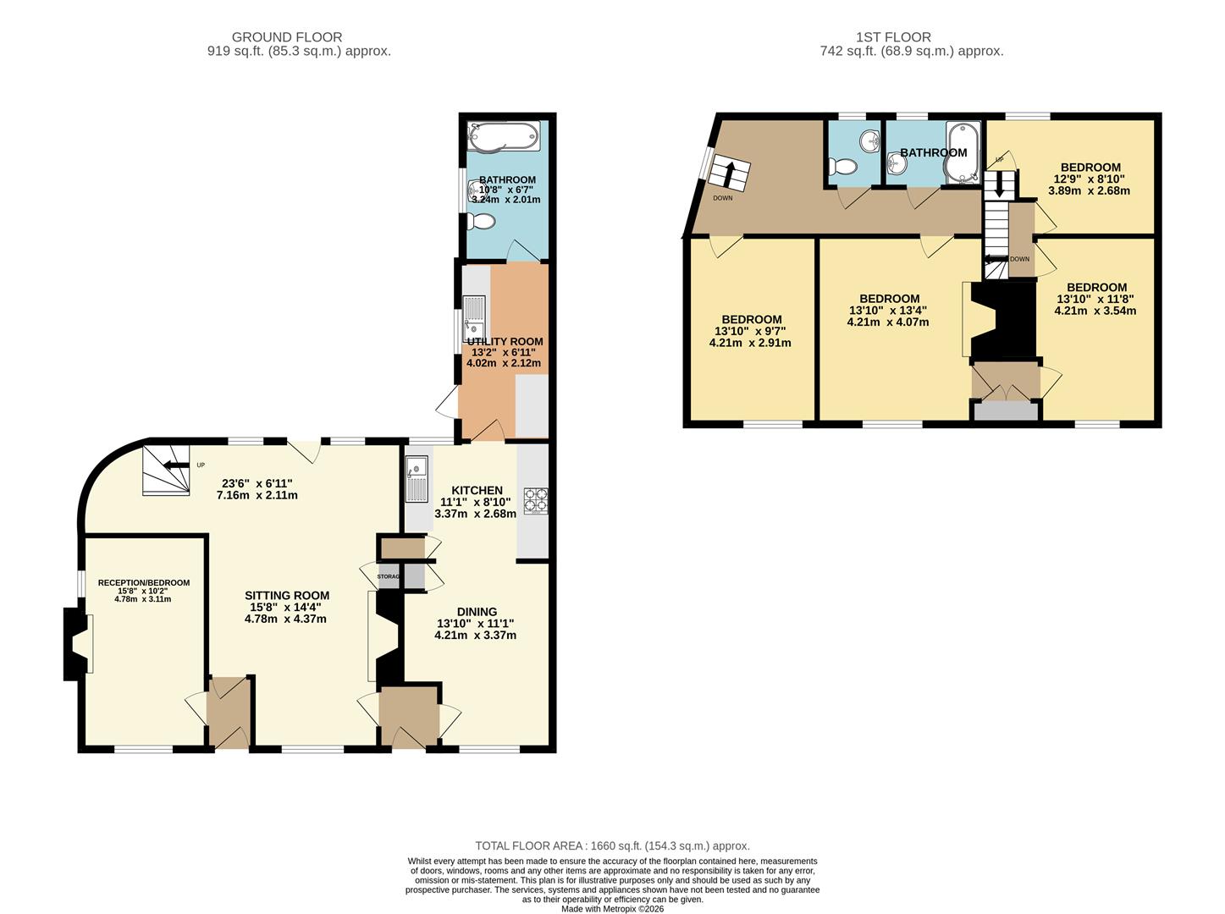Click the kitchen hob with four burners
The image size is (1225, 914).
535,500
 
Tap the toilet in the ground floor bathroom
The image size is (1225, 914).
481,222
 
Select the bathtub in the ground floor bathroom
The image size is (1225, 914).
504,135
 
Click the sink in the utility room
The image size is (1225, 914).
474,319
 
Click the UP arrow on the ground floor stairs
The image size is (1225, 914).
175,465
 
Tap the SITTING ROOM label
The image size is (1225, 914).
287,595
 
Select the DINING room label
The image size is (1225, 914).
477,611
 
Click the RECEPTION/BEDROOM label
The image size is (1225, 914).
143,582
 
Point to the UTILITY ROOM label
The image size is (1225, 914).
505,341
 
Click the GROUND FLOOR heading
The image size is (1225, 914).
287,37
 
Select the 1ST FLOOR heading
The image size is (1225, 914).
893,37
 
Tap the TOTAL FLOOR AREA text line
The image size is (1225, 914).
612,845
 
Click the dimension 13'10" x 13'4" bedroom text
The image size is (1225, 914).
888,310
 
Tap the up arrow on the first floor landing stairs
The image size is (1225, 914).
729,173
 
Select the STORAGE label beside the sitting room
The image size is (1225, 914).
389,576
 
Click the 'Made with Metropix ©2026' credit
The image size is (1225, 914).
612,908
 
